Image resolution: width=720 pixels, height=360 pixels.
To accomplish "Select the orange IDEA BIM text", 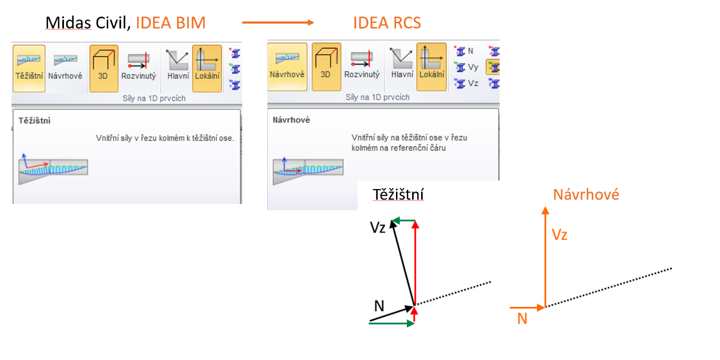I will [x=170, y=23].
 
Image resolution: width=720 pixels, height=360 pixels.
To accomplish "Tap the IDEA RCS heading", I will [x=387, y=23].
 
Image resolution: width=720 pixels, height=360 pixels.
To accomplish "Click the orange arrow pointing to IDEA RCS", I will [x=278, y=23].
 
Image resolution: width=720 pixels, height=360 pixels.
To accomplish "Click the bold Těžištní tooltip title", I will [x=34, y=121].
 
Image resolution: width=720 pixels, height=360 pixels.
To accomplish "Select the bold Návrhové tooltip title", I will [x=291, y=121].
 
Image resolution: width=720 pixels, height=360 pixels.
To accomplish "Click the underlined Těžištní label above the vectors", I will [x=398, y=195].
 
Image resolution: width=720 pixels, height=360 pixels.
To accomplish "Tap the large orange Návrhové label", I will [x=586, y=195].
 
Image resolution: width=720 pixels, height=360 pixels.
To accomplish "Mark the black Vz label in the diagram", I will [x=378, y=227].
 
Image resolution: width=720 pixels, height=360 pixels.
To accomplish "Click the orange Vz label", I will [x=559, y=234].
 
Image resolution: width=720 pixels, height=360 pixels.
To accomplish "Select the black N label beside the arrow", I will [x=379, y=306].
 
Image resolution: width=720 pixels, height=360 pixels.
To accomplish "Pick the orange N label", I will [x=522, y=319].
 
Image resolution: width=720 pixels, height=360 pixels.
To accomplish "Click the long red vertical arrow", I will [x=415, y=263].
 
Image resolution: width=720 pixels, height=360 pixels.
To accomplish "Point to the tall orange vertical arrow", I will [x=545, y=257].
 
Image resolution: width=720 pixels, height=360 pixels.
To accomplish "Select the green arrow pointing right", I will [x=392, y=323].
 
